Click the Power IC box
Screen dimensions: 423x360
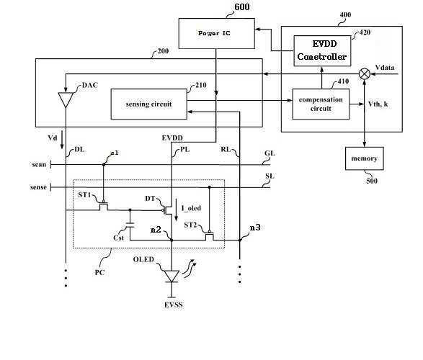(217, 33)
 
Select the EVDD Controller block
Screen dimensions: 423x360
(322, 50)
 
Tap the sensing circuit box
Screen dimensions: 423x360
(149, 104)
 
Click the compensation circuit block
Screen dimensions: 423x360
(321, 104)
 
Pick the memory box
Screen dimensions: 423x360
(365, 158)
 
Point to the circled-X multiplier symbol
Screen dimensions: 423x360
(365, 74)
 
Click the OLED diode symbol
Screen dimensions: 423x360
(172, 276)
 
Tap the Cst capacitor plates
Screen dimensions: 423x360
(130, 225)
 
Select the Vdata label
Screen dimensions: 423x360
(385, 68)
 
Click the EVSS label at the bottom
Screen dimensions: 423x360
(174, 305)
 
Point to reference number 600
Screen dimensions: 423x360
(241, 6)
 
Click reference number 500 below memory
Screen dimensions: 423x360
(372, 181)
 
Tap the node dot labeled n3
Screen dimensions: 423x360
(239, 240)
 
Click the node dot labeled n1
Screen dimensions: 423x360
(104, 164)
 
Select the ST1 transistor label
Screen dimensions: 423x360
(84, 194)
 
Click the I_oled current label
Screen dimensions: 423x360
(191, 208)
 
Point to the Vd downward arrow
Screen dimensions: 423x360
(62, 140)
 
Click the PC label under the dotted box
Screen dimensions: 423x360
(99, 272)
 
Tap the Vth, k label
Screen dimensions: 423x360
(378, 104)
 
